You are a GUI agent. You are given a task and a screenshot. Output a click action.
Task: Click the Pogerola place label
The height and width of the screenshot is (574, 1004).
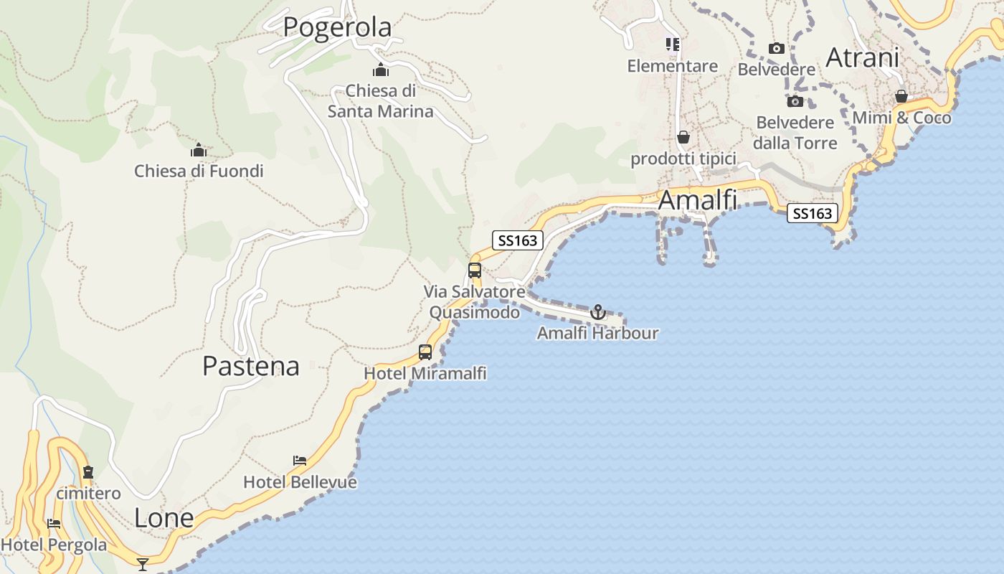(337, 27)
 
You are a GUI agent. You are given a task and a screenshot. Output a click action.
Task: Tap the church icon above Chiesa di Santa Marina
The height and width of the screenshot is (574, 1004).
(381, 70)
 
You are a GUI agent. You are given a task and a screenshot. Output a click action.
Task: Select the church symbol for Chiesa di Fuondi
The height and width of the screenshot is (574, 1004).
(199, 150)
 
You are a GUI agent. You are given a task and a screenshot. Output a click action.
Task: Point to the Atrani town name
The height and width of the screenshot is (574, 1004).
(862, 57)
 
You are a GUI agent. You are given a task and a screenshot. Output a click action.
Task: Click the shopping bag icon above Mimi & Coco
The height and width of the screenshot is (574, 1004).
(901, 96)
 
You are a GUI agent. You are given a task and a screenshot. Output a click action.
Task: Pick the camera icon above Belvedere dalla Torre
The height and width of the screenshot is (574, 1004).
(795, 101)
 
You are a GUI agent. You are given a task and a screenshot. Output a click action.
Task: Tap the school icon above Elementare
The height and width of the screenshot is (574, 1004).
(672, 45)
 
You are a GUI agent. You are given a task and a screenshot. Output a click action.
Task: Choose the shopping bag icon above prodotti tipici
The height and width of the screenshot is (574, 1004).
(683, 137)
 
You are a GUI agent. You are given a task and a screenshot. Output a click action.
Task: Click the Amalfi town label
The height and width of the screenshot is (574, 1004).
(697, 200)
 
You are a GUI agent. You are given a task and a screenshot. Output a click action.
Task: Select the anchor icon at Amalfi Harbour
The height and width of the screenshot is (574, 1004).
(597, 312)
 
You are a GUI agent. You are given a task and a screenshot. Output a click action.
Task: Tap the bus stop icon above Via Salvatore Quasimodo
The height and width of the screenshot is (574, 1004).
(474, 270)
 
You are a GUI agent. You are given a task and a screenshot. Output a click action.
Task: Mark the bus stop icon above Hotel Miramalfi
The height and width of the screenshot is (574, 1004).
(425, 352)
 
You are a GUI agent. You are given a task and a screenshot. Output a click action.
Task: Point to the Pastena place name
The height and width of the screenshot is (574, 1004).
(250, 366)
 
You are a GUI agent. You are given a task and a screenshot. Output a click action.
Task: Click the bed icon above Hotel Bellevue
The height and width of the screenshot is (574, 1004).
(300, 460)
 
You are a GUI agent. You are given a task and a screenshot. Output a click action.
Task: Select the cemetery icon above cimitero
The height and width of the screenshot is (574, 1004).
(88, 472)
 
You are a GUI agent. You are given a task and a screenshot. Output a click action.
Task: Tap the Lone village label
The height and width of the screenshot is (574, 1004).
(164, 518)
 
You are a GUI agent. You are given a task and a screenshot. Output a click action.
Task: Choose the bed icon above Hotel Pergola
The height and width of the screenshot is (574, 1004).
(53, 523)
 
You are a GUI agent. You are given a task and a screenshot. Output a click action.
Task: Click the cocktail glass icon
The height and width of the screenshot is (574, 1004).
(143, 565)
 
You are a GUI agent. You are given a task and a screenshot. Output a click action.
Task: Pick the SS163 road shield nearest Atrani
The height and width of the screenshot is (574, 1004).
(813, 213)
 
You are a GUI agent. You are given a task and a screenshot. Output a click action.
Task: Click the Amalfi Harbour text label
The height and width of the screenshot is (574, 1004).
(597, 333)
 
